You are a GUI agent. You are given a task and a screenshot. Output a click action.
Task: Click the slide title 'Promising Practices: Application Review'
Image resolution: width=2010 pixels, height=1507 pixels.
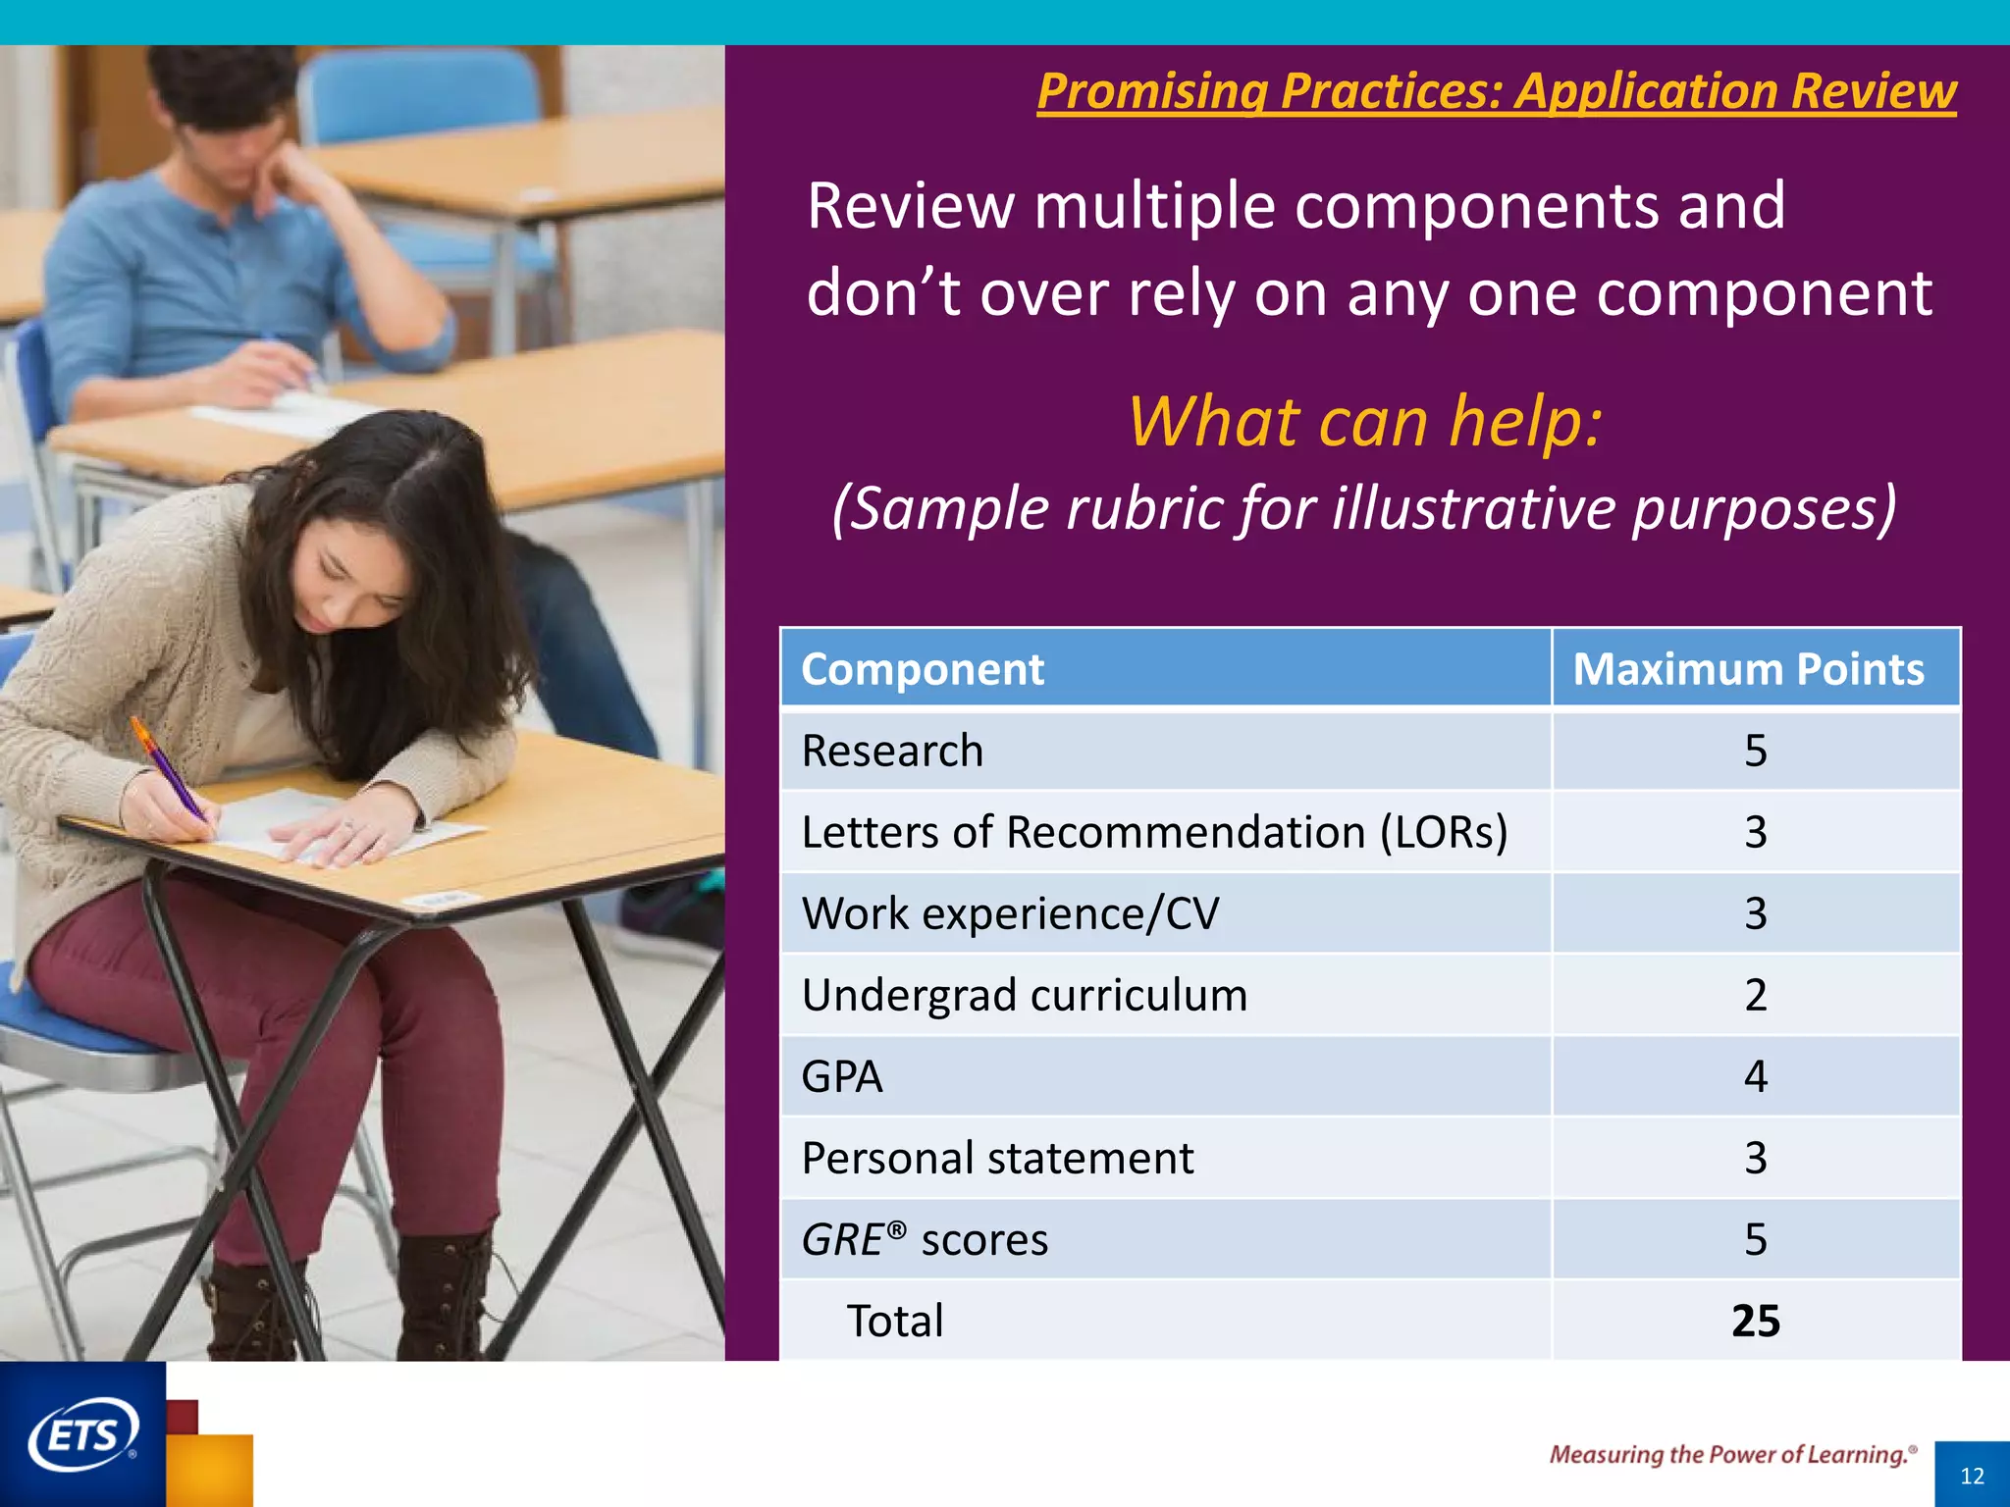click(x=1497, y=91)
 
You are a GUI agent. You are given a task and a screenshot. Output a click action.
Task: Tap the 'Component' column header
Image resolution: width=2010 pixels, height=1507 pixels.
click(x=923, y=670)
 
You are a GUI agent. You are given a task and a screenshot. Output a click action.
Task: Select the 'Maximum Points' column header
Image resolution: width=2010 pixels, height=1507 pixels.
click(x=1748, y=670)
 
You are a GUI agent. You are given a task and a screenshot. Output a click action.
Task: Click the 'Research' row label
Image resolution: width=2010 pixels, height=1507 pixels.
click(x=892, y=752)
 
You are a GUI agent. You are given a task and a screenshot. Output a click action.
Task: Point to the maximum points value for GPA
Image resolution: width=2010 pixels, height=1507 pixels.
click(x=1755, y=1077)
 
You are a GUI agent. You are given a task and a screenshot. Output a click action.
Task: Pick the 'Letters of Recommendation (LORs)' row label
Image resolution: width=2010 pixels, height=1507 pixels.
click(x=1154, y=833)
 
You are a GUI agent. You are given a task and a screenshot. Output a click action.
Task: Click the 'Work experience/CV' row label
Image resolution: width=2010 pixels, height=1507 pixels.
click(x=1010, y=914)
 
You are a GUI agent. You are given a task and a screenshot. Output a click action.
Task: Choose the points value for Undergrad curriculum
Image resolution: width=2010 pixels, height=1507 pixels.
click(x=1755, y=996)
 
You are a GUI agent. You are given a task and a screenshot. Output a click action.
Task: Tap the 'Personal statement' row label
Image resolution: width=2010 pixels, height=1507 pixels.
click(x=997, y=1159)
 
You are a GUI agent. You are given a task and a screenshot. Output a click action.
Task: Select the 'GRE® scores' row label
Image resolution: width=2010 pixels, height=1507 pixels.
click(x=925, y=1240)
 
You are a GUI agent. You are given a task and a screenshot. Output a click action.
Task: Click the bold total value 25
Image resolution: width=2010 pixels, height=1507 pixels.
click(x=1755, y=1322)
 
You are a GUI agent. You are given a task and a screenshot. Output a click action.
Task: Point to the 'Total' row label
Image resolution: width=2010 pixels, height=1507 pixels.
click(x=894, y=1322)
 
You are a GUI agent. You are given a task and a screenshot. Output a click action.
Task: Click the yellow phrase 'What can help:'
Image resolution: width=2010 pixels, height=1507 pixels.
click(x=1364, y=422)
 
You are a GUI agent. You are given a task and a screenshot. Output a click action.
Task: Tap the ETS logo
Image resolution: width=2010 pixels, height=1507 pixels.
click(x=82, y=1435)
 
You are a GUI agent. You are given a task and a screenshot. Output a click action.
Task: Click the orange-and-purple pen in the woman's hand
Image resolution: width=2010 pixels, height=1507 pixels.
click(x=169, y=770)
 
